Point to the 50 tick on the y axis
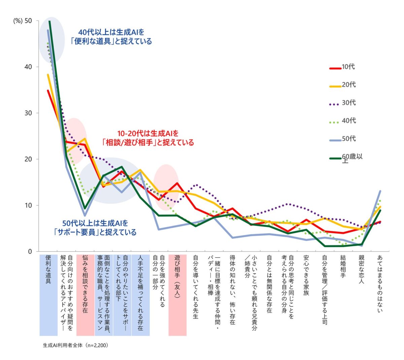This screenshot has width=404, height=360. coord(28,21)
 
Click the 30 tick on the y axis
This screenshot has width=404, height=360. coord(28,113)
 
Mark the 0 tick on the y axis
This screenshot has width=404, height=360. coord(30,252)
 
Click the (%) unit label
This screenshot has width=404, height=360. coord(18,21)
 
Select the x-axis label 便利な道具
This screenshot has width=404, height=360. coord(48,269)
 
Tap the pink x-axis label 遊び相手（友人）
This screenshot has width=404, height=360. coord(177,276)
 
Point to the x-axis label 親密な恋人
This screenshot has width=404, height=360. coord(361,269)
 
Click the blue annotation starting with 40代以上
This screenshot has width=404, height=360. coord(111,37)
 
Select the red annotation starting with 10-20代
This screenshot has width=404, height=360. coord(148,138)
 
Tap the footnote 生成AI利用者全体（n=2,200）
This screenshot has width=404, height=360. coord(75,346)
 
